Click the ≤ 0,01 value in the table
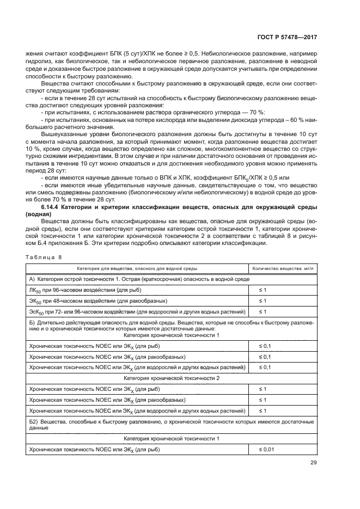[x=265, y=449]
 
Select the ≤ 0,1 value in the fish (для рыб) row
[x=264, y=346]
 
